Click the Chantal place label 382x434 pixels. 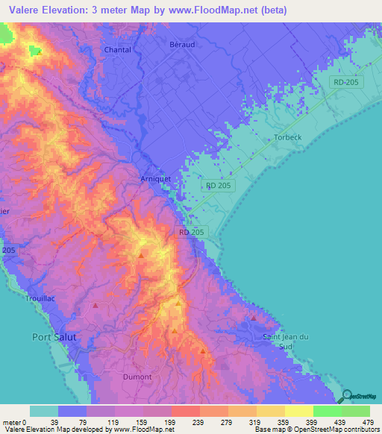tap(118, 50)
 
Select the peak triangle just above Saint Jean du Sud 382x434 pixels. tap(254, 318)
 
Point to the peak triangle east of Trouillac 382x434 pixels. tap(95, 305)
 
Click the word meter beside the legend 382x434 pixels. tap(12, 421)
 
